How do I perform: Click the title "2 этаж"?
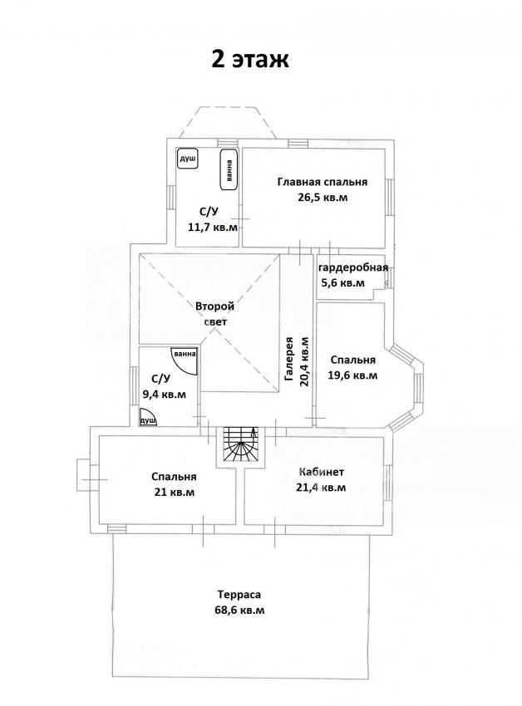250,60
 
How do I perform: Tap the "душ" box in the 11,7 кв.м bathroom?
188,159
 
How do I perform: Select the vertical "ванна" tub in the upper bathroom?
229,169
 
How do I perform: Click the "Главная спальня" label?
323,182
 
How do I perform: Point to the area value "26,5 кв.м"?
323,197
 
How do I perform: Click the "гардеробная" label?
353,268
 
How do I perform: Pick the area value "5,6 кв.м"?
342,283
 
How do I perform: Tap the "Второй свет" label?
215,314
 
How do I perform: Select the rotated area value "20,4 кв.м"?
304,361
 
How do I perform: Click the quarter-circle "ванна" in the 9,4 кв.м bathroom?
184,360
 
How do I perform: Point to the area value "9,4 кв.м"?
164,395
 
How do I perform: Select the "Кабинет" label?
322,472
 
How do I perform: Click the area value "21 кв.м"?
175,493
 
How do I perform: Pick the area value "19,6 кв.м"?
352,375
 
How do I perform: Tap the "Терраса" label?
239,595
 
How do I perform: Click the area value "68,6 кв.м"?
239,610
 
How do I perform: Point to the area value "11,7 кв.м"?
212,227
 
